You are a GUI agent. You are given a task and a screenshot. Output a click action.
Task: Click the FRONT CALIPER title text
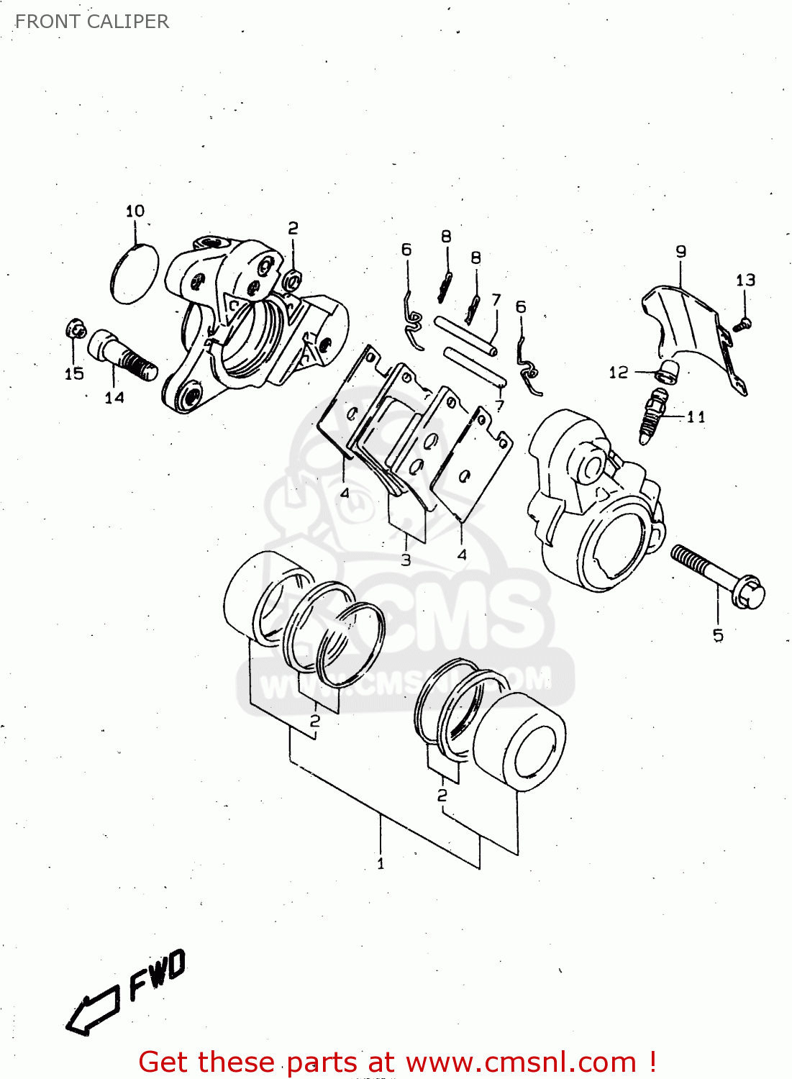[x=91, y=22]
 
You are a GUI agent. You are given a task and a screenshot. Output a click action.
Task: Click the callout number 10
[x=135, y=211]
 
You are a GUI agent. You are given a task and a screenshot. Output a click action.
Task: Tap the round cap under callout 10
[x=134, y=274]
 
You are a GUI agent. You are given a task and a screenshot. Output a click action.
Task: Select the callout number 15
[x=74, y=373]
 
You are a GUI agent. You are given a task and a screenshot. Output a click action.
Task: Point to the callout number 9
[x=681, y=251]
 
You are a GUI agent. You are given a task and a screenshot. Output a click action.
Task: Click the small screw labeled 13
[x=743, y=324]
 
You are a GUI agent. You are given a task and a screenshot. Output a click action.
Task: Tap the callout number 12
[x=618, y=372]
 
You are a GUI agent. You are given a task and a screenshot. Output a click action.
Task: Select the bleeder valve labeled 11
[x=653, y=415]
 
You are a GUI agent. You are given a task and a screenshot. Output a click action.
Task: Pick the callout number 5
[x=718, y=635]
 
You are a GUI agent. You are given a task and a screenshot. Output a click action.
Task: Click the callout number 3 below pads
[x=406, y=560]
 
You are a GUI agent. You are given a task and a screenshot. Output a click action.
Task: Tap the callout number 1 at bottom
[x=381, y=863]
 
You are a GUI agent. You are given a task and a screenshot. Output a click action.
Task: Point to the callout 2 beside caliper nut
[x=293, y=228]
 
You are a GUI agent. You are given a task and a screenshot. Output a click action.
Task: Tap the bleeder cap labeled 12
[x=668, y=373]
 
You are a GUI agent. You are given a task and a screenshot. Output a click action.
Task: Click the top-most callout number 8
[x=446, y=236]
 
